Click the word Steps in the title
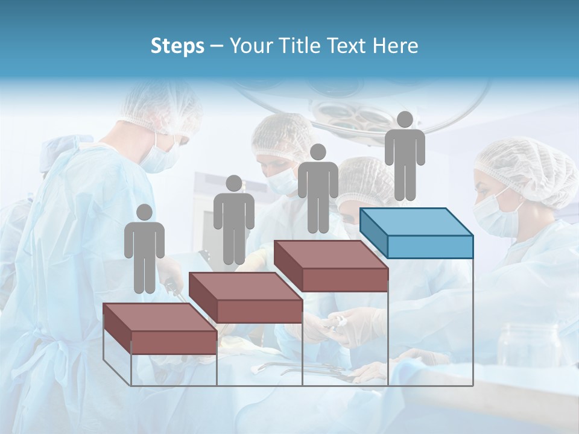tap(177, 46)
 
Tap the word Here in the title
tap(394, 46)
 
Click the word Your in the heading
tap(252, 46)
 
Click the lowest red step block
tap(160, 329)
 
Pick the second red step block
tap(245, 297)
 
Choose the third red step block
tap(331, 266)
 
